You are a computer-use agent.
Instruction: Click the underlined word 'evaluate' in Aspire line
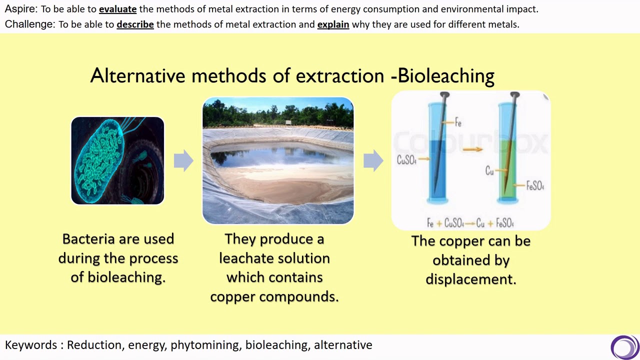(117, 9)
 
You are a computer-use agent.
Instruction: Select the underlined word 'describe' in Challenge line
(135, 24)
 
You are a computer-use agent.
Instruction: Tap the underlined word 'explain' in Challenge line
(333, 24)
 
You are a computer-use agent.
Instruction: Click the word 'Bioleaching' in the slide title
(446, 75)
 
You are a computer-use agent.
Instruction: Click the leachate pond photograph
(278, 160)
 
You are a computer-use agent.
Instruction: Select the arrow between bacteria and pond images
(183, 160)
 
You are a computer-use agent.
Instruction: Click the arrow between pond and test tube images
(373, 160)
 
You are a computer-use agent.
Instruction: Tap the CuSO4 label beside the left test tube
(406, 160)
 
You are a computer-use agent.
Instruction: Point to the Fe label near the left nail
(458, 122)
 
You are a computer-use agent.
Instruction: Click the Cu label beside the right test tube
(489, 171)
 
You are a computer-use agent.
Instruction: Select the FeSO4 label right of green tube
(535, 186)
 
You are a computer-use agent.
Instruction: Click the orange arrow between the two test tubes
(472, 148)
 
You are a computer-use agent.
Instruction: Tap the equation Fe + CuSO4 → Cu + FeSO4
(470, 223)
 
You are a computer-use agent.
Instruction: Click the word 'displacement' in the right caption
(470, 279)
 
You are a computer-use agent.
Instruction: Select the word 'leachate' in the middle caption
(249, 258)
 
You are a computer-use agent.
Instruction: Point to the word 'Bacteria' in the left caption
(87, 239)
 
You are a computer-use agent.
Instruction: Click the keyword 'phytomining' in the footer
(204, 345)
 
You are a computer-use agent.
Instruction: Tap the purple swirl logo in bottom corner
(624, 347)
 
